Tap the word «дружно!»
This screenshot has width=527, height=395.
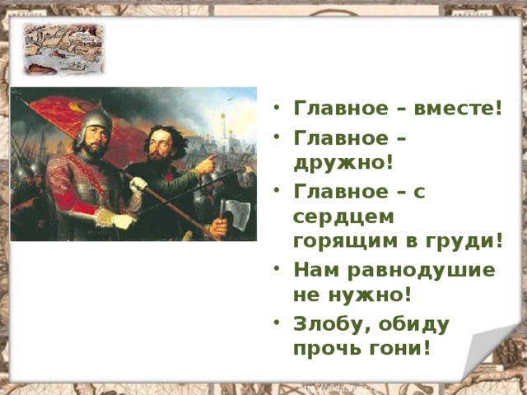343,162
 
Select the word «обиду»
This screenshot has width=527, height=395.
414,323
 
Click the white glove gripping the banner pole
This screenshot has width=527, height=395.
138,184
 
